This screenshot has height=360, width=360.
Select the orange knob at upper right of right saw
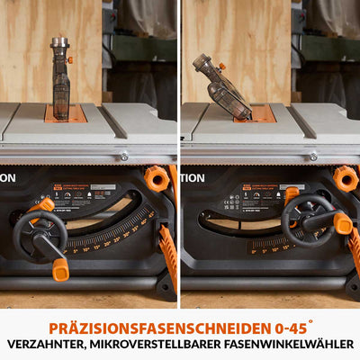(x=345, y=178)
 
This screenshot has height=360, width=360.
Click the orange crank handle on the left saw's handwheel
(x=60, y=268)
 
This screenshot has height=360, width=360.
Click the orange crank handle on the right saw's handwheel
(x=342, y=223)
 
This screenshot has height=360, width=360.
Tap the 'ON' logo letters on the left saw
(x=7, y=177)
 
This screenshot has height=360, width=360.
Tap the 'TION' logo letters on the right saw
(x=192, y=177)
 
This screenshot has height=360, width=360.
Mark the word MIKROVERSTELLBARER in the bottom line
(x=166, y=344)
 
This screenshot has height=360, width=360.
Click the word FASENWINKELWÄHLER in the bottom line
(x=294, y=344)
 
